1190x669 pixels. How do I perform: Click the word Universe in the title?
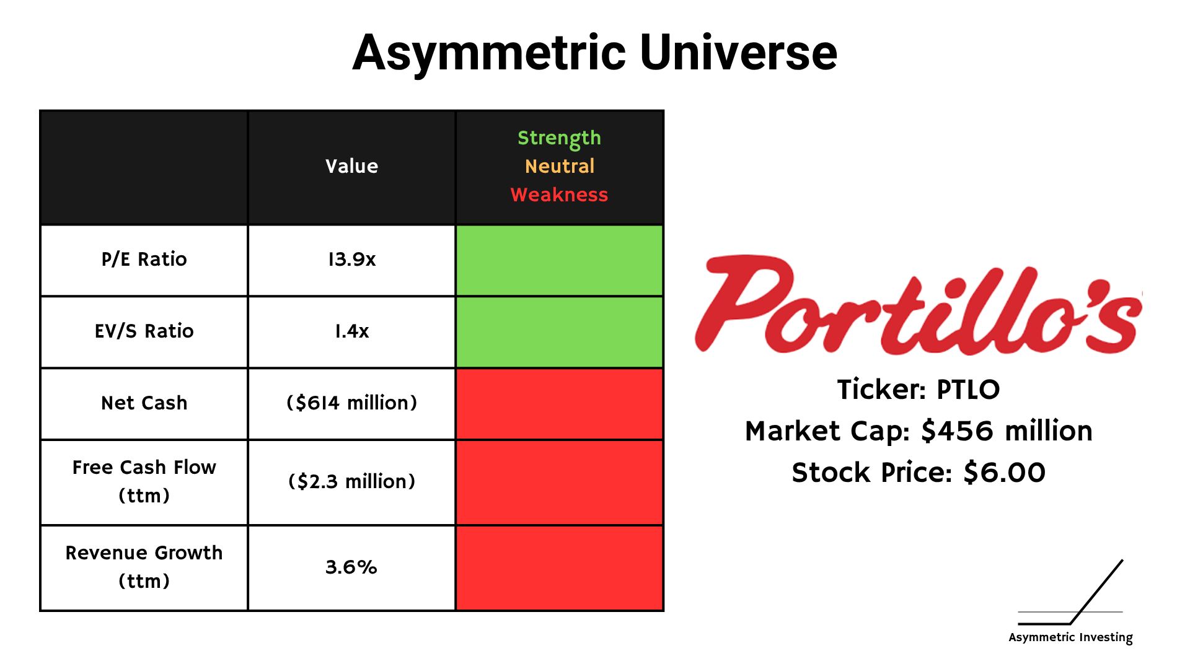[x=738, y=52]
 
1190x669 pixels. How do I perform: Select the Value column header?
[x=351, y=166]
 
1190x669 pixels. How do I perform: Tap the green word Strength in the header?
[x=559, y=138]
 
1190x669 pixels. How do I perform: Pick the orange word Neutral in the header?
[x=559, y=166]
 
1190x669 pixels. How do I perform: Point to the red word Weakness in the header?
[x=559, y=195]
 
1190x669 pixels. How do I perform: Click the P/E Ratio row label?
[x=144, y=259]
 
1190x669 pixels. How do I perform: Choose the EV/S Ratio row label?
[x=144, y=331]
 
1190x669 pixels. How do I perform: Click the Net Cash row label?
[x=144, y=403]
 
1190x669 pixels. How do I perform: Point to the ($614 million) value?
[x=351, y=403]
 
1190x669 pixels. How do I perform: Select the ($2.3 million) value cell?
[x=351, y=481]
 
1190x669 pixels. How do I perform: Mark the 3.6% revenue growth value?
[x=351, y=567]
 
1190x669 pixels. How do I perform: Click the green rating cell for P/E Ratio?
[x=559, y=260]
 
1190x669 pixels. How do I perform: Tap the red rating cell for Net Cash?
[x=559, y=404]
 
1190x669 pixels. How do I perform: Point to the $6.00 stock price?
[x=1004, y=473]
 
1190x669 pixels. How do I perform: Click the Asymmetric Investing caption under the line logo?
[x=1070, y=637]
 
